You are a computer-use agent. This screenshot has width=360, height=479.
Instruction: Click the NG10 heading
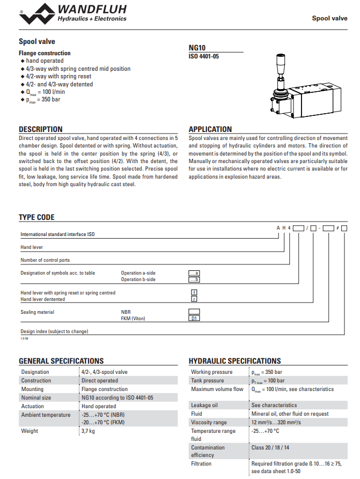[197, 47]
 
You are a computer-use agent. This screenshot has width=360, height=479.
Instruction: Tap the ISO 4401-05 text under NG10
[204, 56]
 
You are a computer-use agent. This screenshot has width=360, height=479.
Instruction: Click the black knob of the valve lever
[280, 60]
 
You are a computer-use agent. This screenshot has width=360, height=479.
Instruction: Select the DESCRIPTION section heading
[41, 129]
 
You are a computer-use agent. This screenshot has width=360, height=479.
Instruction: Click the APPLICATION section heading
[210, 129]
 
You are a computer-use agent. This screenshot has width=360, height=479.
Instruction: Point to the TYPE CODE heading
[36, 217]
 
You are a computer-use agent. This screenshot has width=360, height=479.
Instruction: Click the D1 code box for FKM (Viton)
[194, 319]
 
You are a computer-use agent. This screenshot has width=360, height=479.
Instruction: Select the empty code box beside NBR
[194, 312]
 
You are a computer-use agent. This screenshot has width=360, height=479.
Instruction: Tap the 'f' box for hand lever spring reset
[194, 292]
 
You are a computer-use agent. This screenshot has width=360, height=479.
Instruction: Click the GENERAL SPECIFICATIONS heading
[61, 361]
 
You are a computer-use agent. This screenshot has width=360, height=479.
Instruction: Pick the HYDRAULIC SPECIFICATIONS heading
[234, 361]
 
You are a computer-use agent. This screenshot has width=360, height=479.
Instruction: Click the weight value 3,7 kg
[88, 431]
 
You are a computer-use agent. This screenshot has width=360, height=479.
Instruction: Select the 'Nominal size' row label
[36, 397]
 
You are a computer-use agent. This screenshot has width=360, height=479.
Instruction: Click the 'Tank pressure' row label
[207, 380]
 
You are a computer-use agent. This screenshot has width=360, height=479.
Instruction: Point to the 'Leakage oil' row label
[204, 405]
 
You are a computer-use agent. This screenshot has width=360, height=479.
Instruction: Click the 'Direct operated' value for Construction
[100, 380]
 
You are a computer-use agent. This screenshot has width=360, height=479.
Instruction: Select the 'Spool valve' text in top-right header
[329, 18]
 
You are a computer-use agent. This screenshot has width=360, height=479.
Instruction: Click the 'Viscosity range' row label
[209, 422]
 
